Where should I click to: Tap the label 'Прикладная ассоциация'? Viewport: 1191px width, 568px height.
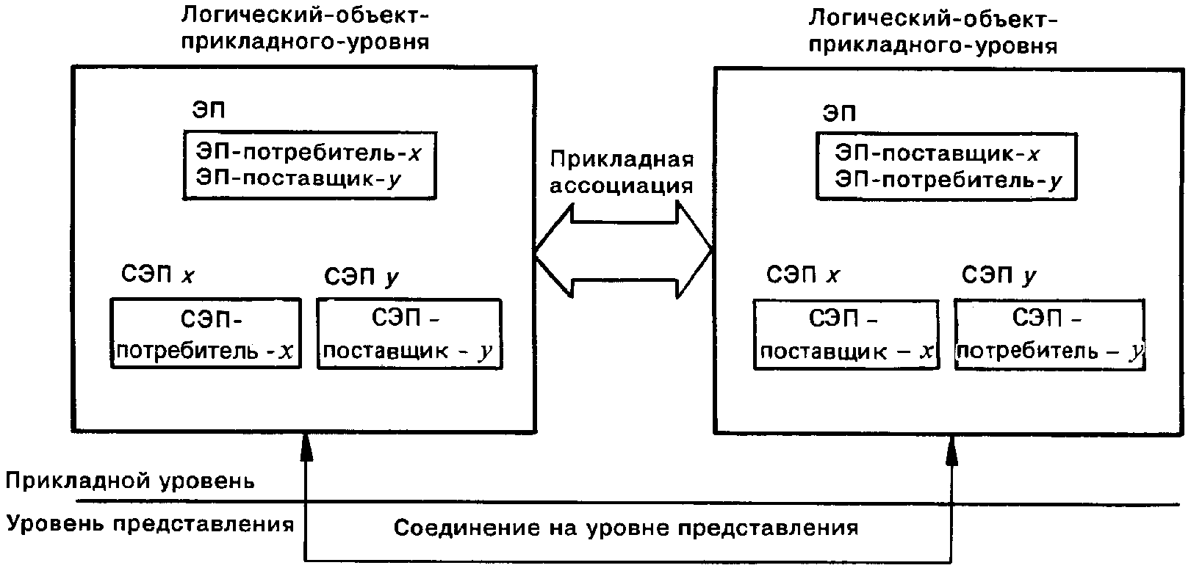pos(622,172)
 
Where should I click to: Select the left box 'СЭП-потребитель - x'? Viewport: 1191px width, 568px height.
pos(206,333)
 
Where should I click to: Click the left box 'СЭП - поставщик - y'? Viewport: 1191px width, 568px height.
pos(409,333)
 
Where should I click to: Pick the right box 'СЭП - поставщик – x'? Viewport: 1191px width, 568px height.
pos(846,334)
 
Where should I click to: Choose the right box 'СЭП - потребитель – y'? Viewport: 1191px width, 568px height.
pos(1049,334)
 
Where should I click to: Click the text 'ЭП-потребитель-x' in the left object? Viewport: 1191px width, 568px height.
pos(309,153)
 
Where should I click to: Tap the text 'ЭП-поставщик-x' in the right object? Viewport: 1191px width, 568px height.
pos(937,153)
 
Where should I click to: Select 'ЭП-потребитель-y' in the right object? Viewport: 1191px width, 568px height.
pos(948,180)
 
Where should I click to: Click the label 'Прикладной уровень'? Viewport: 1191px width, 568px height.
pos(130,481)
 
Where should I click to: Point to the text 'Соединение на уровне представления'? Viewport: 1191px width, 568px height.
pos(626,528)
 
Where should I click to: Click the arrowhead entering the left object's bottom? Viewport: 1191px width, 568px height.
pos(307,446)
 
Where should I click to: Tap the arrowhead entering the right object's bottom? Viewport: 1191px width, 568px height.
pos(952,450)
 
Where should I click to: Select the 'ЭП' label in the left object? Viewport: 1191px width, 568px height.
pos(208,110)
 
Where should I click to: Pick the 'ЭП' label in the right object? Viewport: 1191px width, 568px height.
pos(839,113)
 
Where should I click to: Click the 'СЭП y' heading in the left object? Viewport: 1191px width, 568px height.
pos(361,277)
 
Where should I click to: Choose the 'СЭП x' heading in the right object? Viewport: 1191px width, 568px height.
pos(802,275)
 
